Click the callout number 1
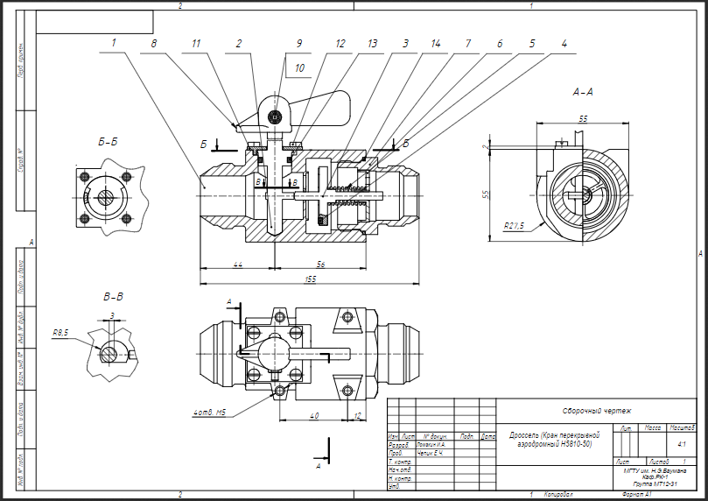113,41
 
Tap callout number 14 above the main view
435,41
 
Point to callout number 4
564,41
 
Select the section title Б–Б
109,139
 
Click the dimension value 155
311,279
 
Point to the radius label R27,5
514,225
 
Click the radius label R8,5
60,333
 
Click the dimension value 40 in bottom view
314,416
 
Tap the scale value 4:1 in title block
681,444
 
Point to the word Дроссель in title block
528,434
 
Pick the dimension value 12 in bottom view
358,416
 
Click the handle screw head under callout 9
275,116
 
